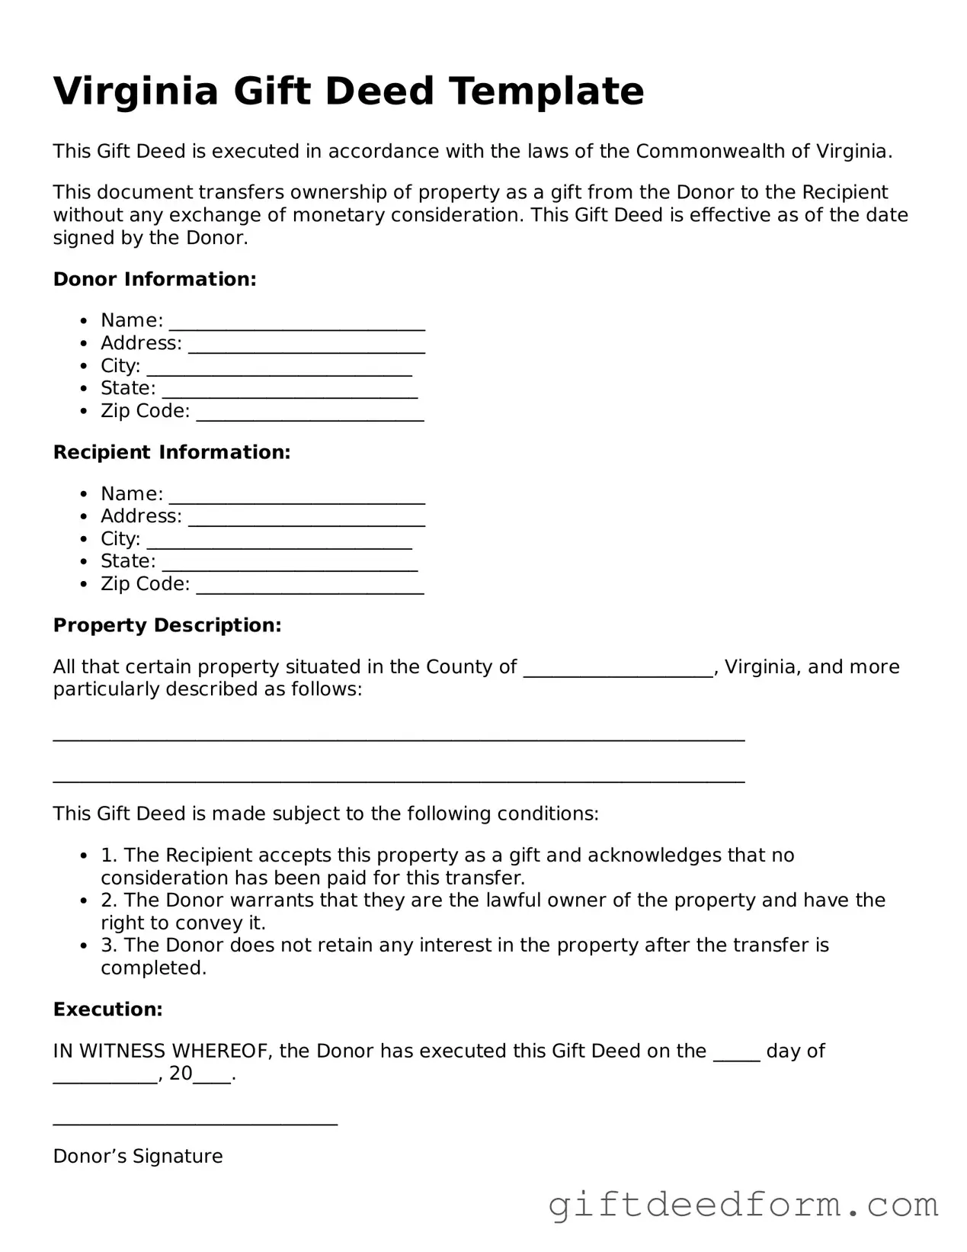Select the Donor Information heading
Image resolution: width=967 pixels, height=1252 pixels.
(155, 280)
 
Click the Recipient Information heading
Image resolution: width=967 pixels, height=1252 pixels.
(171, 453)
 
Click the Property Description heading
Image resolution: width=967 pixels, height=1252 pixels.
(167, 626)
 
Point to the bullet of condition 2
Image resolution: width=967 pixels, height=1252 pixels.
(85, 901)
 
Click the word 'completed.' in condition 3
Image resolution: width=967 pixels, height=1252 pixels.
(153, 968)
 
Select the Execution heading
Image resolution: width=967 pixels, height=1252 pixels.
(107, 1010)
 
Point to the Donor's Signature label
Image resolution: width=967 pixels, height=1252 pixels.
(138, 1157)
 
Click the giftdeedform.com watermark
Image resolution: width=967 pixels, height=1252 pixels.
(743, 1205)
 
